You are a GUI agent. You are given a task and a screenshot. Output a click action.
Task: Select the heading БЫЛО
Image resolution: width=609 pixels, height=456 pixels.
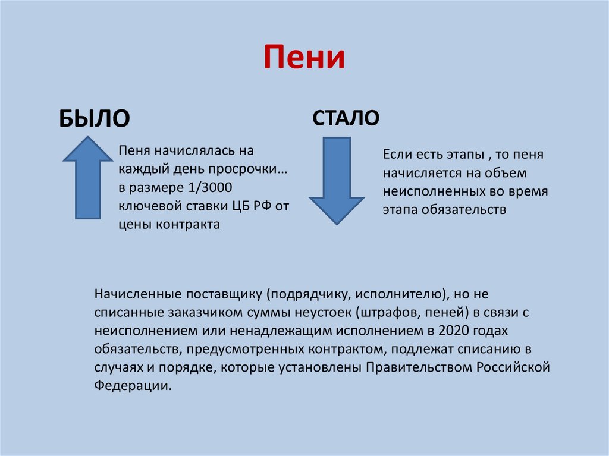point(93,118)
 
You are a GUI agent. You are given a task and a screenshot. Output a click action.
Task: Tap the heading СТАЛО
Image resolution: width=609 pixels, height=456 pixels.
point(346,117)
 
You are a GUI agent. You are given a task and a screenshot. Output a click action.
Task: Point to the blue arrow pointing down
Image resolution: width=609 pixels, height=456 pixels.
point(336,180)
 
